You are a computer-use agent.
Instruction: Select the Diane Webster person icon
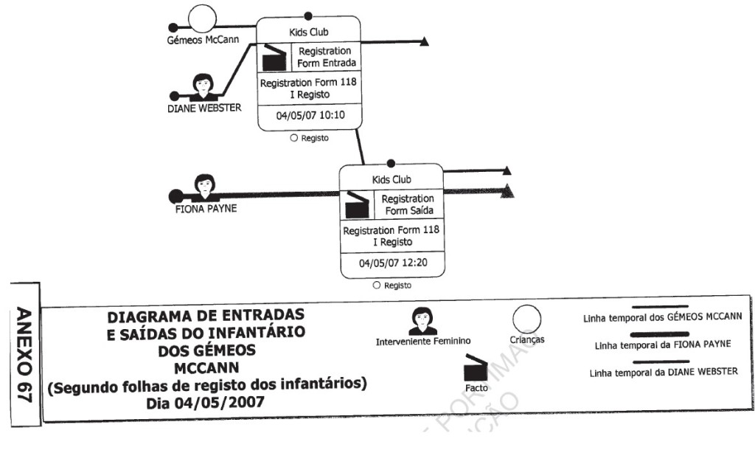[x=203, y=86]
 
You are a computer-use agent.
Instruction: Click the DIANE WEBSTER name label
[x=203, y=108]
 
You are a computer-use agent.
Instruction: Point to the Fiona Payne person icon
[x=204, y=187]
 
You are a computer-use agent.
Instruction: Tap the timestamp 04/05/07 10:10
[x=310, y=117]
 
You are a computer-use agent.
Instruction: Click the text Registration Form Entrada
[x=327, y=58]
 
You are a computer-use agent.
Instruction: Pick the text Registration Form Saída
[x=408, y=205]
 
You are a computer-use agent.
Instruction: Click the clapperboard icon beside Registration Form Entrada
[x=274, y=58]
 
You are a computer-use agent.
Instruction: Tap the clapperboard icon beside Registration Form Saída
[x=357, y=205]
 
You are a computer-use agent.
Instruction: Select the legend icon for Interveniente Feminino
[x=422, y=321]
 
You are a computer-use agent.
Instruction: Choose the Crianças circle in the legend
[x=526, y=320]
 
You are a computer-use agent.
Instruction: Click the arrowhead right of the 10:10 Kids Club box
[x=424, y=41]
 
